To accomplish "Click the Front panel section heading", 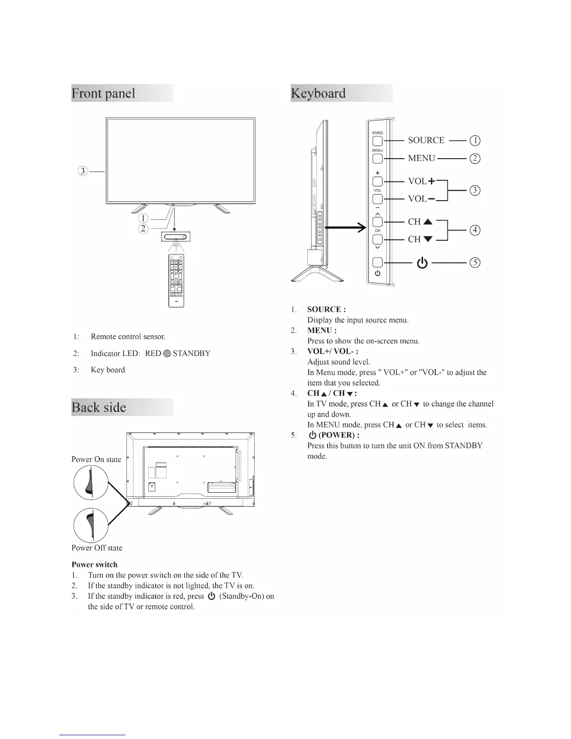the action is pos(104,93).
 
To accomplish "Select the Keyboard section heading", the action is pos(319,93).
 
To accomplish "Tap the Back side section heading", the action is pos(99,407).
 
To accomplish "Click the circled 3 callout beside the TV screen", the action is pos(83,171).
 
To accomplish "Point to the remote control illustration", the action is pos(176,280).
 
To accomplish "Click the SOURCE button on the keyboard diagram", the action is pos(377,141).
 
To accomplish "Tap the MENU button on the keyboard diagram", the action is pos(377,159).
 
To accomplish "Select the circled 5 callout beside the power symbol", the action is pos(474,263).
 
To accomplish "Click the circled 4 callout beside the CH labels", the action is pos(474,230).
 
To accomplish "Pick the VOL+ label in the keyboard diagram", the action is pos(421,181).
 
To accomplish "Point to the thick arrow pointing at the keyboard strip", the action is pos(345,228).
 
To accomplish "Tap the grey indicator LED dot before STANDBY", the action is pos(167,354).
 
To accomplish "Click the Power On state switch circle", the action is pos(91,482).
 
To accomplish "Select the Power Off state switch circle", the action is pos(91,525).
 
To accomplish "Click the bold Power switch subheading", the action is pos(95,565).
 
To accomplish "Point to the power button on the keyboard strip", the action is pos(377,263).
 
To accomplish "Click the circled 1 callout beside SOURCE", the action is pos(474,140).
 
